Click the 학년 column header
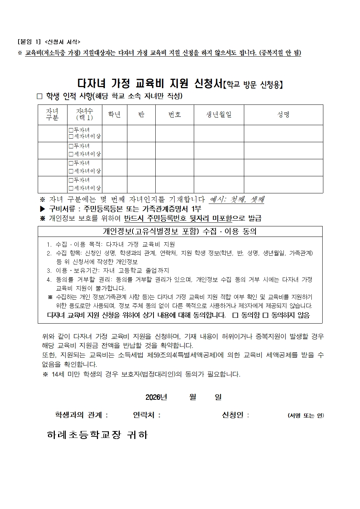click(x=115, y=115)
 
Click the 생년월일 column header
click(x=218, y=115)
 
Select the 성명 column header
click(x=283, y=115)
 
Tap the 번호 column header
click(x=175, y=115)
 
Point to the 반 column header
click(x=141, y=115)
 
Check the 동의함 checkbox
click(x=235, y=315)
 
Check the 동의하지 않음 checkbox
click(x=265, y=315)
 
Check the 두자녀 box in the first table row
click(x=71, y=130)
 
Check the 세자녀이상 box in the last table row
click(x=71, y=188)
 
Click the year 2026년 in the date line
click(x=156, y=397)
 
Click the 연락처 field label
click(x=147, y=415)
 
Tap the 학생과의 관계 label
click(x=81, y=415)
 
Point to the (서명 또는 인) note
click(x=306, y=415)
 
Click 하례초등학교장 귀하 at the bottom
click(x=97, y=435)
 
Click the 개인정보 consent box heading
click(x=180, y=231)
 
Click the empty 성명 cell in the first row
click(x=283, y=134)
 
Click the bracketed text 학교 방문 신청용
click(x=254, y=85)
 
